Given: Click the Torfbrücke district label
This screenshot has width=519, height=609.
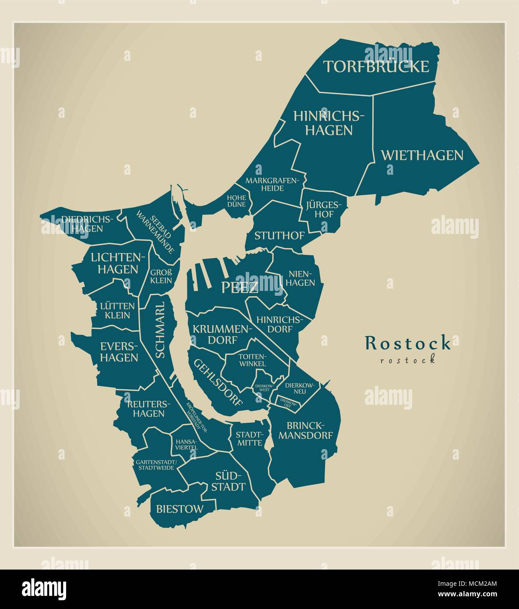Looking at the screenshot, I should tap(376, 67).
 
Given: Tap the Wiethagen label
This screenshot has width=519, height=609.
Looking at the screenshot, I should tap(422, 155).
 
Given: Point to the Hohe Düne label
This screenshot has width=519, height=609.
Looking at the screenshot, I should tap(237, 201).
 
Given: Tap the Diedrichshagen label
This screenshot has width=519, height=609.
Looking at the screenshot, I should tap(88, 223).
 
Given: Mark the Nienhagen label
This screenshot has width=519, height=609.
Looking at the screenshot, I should tap(302, 278).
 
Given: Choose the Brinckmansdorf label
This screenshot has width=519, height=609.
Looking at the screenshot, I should tap(306, 430).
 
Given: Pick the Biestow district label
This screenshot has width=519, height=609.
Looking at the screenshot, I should tap(180, 509).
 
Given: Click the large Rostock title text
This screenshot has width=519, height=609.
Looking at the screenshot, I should tap(407, 343).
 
